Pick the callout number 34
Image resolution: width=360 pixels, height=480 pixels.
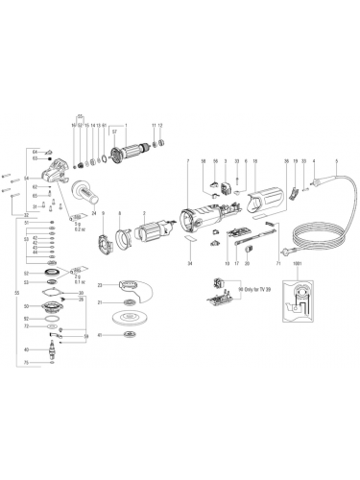[x=190, y=262]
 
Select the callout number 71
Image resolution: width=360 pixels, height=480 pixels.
[x=277, y=262]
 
